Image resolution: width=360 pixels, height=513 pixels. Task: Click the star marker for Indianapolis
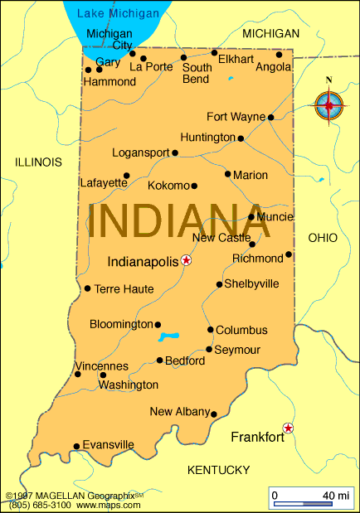click(x=186, y=260)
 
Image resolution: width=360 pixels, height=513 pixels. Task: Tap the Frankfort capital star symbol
click(x=288, y=428)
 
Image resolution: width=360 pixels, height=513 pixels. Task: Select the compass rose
click(x=329, y=104)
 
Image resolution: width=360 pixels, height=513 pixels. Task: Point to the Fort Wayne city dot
click(x=271, y=117)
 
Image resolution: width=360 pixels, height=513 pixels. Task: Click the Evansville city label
click(x=109, y=444)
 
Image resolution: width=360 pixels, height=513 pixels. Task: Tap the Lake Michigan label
click(x=118, y=13)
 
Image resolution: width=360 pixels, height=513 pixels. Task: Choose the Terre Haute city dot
click(x=87, y=288)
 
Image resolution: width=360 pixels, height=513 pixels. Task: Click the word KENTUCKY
click(x=218, y=470)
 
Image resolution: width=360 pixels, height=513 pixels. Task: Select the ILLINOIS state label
click(x=38, y=162)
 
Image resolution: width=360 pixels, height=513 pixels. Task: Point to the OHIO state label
click(x=323, y=238)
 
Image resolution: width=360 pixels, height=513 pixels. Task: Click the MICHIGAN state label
click(x=270, y=33)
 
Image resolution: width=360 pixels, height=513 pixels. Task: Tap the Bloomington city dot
click(x=158, y=325)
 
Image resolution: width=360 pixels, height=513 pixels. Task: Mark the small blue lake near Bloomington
click(x=169, y=336)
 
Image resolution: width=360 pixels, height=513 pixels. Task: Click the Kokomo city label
click(x=168, y=185)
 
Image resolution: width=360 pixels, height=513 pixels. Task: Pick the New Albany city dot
click(x=213, y=414)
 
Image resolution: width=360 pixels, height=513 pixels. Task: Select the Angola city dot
click(x=279, y=55)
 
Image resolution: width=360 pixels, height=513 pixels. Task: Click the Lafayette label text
click(x=104, y=182)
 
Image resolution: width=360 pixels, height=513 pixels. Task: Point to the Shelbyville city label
click(x=251, y=283)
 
